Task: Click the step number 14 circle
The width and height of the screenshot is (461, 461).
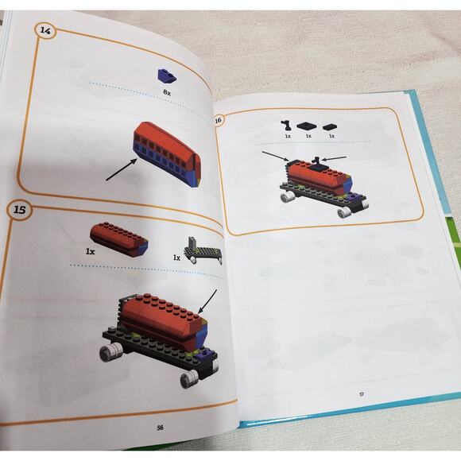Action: (x=45, y=30)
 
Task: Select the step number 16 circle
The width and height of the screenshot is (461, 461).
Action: (x=218, y=120)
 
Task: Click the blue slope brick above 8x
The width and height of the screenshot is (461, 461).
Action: (x=167, y=76)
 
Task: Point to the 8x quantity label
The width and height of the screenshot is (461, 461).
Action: (x=167, y=92)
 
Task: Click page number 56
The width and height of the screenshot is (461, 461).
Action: (x=160, y=428)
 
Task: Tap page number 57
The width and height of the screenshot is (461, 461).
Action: (x=362, y=394)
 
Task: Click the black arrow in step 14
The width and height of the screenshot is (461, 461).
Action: (x=122, y=169)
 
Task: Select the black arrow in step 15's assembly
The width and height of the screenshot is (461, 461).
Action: (x=208, y=302)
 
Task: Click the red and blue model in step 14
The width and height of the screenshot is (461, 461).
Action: (x=167, y=153)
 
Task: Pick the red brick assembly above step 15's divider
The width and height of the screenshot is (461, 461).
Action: (x=119, y=239)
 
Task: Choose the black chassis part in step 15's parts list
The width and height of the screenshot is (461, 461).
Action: (x=203, y=250)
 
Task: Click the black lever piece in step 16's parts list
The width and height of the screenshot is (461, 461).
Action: (x=285, y=126)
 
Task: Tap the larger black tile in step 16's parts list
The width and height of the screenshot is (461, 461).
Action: (x=306, y=126)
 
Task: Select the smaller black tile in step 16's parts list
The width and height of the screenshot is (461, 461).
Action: (x=330, y=127)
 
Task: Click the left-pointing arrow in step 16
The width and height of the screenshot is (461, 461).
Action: (x=335, y=158)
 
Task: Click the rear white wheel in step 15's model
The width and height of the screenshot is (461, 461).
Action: (x=111, y=353)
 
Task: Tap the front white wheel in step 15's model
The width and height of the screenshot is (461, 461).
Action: (x=188, y=379)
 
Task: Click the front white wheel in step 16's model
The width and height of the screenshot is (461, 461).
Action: (x=343, y=212)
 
